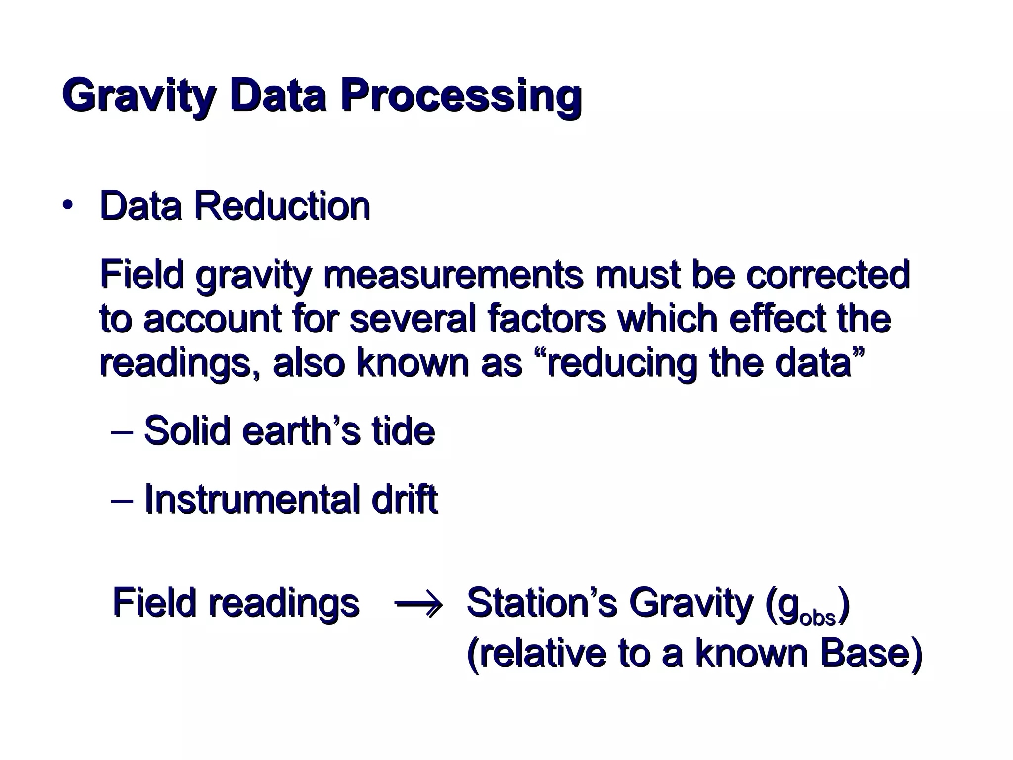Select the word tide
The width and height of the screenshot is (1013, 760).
tap(404, 430)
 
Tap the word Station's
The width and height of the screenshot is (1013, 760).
tap(542, 603)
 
